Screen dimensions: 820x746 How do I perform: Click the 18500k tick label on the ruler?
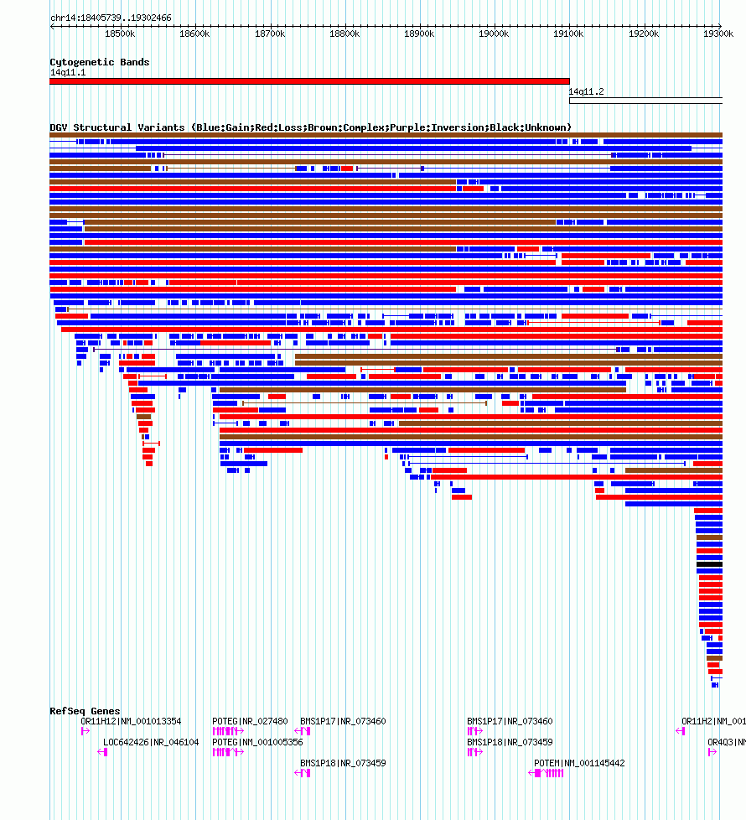coord(120,34)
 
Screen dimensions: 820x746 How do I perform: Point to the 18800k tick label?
coord(345,34)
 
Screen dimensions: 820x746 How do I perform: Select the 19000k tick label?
coord(494,34)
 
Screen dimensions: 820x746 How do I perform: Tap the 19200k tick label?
coord(644,34)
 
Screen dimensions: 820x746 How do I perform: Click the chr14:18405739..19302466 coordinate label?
coord(111,18)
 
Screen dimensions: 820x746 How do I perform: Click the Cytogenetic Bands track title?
coord(100,62)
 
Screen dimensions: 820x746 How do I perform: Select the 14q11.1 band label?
coord(68,72)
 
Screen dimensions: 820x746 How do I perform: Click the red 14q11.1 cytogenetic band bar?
coord(309,81)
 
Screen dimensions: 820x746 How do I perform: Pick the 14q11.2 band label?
coord(587,91)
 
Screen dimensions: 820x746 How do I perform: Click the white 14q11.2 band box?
coord(645,101)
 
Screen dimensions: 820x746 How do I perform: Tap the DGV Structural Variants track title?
coord(310,127)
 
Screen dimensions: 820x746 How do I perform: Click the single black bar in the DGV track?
coord(709,564)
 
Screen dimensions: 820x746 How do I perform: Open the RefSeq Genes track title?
coord(85,711)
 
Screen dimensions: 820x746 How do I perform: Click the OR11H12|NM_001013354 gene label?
coord(131,721)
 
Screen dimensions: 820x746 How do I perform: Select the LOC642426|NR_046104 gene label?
coord(151,742)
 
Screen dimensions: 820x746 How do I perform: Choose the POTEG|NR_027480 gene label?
coord(250,721)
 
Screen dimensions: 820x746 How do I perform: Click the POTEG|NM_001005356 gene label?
coord(257,742)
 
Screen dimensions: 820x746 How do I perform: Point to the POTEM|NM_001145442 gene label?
coord(579,763)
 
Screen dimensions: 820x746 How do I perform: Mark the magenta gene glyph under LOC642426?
coord(103,752)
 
